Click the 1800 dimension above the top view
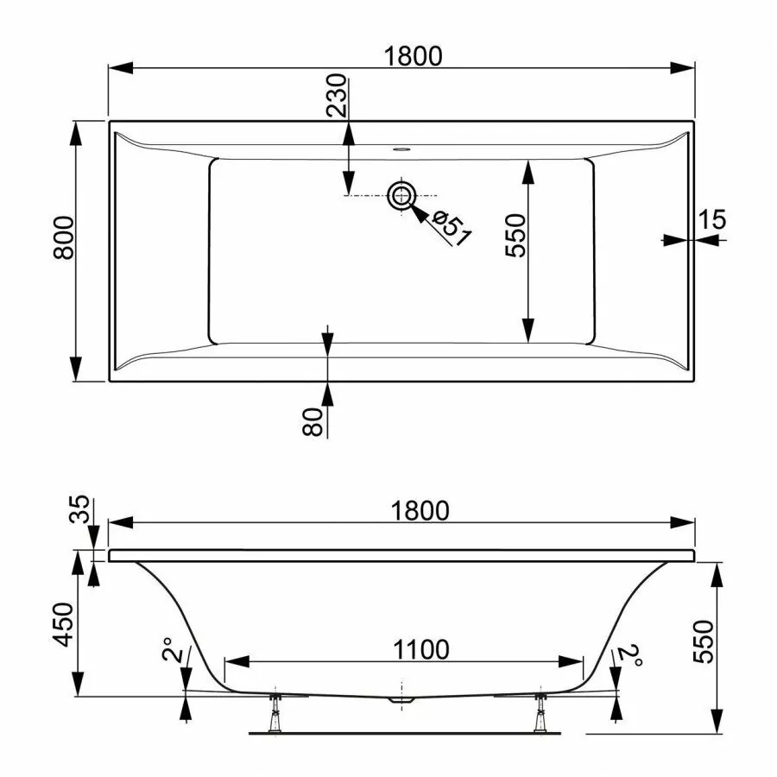tap(414, 56)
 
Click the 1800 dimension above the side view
tap(420, 510)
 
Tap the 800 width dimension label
tap(63, 238)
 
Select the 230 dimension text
tap(337, 95)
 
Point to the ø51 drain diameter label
tap(451, 228)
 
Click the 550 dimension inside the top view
tap(515, 236)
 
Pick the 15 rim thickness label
tap(712, 219)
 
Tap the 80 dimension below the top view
tap(313, 421)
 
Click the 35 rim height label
tap(79, 509)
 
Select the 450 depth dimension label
tap(63, 624)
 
